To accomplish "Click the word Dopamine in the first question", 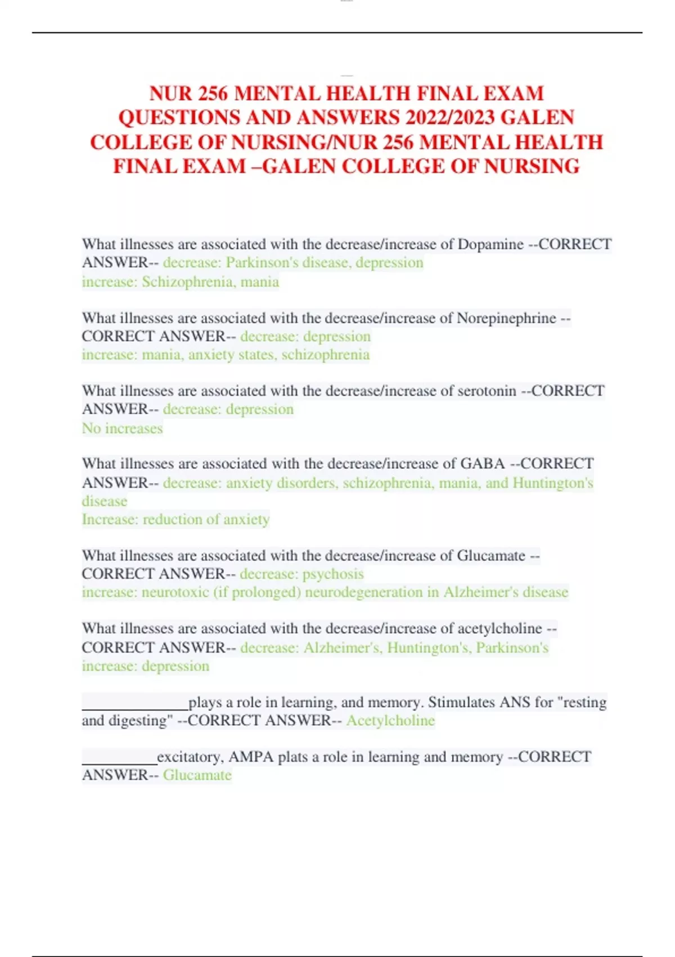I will coord(490,244).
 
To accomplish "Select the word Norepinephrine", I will coord(506,318).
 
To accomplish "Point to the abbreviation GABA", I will coord(483,464).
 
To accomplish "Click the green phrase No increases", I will coord(122,428).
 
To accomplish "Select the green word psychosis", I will coord(333,574).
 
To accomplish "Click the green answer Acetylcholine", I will coord(390,721).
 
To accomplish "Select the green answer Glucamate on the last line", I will coord(197,775).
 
